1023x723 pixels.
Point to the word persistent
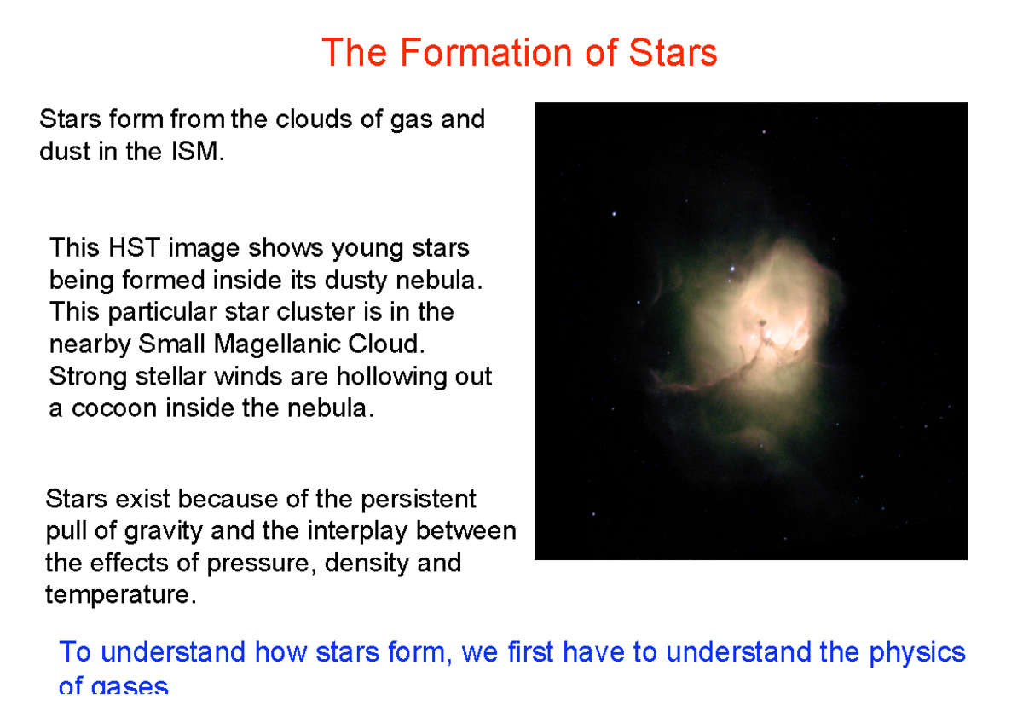click(x=419, y=498)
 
